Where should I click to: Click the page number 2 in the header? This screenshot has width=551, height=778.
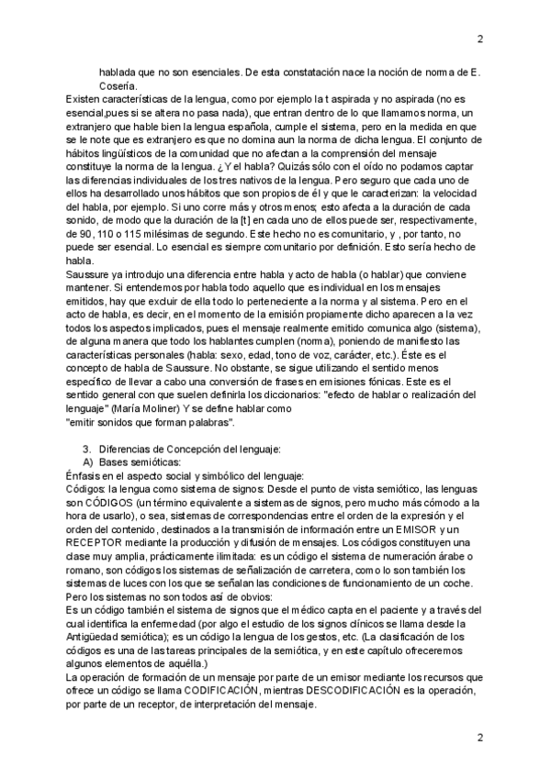(x=479, y=39)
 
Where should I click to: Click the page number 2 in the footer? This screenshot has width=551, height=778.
(x=479, y=738)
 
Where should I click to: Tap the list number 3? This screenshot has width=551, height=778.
(x=85, y=449)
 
